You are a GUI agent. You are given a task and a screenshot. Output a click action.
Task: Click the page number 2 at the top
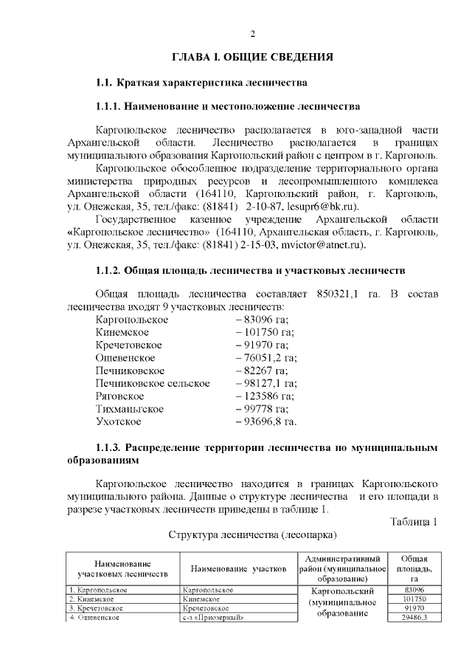pyautogui.click(x=252, y=34)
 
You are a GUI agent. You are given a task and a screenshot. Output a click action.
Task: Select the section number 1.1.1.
pyautogui.click(x=109, y=106)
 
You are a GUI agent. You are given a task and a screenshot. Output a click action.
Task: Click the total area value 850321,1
pyautogui.click(x=337, y=295)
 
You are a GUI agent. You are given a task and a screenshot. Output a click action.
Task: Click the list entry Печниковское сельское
pyautogui.click(x=153, y=383)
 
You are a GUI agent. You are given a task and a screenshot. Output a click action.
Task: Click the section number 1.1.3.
pyautogui.click(x=109, y=447)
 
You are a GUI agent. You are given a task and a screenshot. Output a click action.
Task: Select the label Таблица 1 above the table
pyautogui.click(x=414, y=523)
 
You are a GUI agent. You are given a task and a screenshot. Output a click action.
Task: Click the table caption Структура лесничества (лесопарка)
pyautogui.click(x=252, y=535)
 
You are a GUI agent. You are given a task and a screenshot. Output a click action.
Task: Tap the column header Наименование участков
pyautogui.click(x=238, y=568)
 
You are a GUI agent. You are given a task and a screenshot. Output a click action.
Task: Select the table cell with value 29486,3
pyautogui.click(x=414, y=617)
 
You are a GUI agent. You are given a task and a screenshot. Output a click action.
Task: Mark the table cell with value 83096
pyautogui.click(x=414, y=590)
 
